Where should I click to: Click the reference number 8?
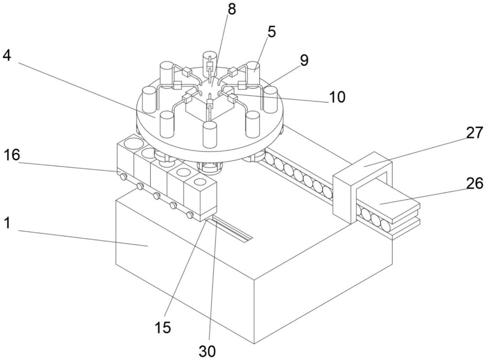232,10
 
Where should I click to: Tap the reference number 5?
271,32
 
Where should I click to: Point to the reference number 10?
336,97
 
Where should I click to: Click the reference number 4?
6,55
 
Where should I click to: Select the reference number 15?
165,327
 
